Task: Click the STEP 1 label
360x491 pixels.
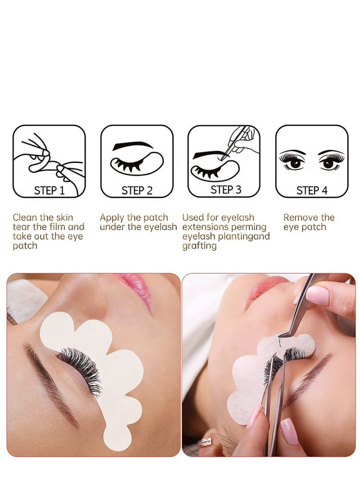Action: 49,190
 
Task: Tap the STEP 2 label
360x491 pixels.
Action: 137,190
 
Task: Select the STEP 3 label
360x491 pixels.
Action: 225,189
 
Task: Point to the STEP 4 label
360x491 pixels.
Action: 311,190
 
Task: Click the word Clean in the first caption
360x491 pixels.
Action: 24,218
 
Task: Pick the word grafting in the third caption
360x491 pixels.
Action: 199,246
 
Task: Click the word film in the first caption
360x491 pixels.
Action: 55,227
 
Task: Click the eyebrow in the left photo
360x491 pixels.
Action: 49,383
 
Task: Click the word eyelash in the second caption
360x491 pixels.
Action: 160,227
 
